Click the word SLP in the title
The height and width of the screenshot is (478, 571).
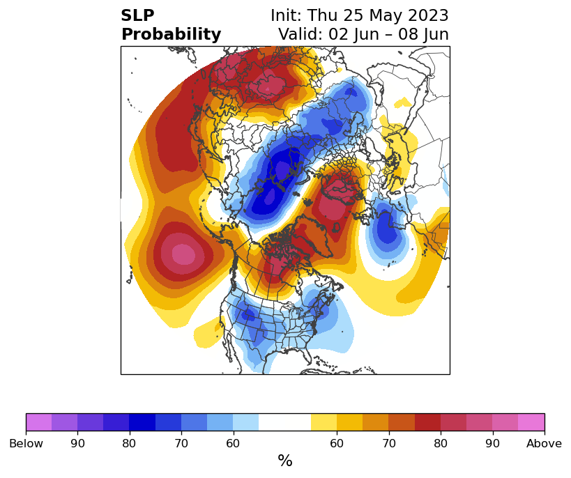[137, 15]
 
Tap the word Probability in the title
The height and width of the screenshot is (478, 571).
[171, 35]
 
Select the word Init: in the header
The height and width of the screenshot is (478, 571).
[287, 15]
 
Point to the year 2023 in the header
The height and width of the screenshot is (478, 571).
[428, 15]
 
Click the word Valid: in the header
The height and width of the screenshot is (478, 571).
[300, 34]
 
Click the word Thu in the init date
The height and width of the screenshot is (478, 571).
[323, 15]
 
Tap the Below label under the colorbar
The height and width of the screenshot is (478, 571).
[26, 443]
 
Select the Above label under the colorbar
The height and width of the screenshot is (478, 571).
[544, 443]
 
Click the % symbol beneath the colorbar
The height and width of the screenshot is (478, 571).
[285, 461]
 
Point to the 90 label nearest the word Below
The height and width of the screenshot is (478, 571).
[77, 443]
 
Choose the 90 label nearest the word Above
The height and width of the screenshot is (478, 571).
[492, 443]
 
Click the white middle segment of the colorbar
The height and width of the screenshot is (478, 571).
[284, 422]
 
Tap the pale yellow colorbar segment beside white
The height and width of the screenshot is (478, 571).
[323, 422]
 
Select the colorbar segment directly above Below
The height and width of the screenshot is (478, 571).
[39, 422]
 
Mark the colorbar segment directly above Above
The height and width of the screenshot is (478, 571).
[531, 422]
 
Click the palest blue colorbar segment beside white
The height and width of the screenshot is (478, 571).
[246, 422]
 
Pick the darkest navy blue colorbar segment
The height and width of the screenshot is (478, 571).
[142, 422]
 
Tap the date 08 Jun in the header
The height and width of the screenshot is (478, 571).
[423, 34]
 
